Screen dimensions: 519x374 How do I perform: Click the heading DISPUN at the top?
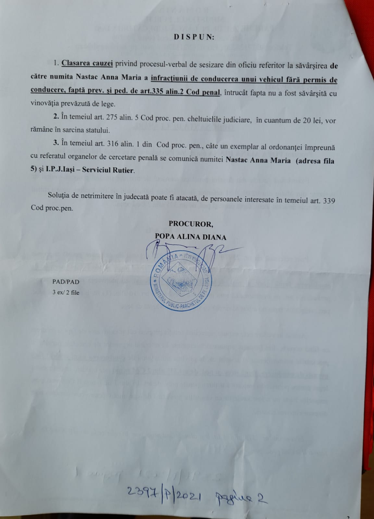point(193,37)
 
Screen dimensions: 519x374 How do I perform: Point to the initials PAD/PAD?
point(66,282)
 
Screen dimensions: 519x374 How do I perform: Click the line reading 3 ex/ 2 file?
point(66,292)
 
